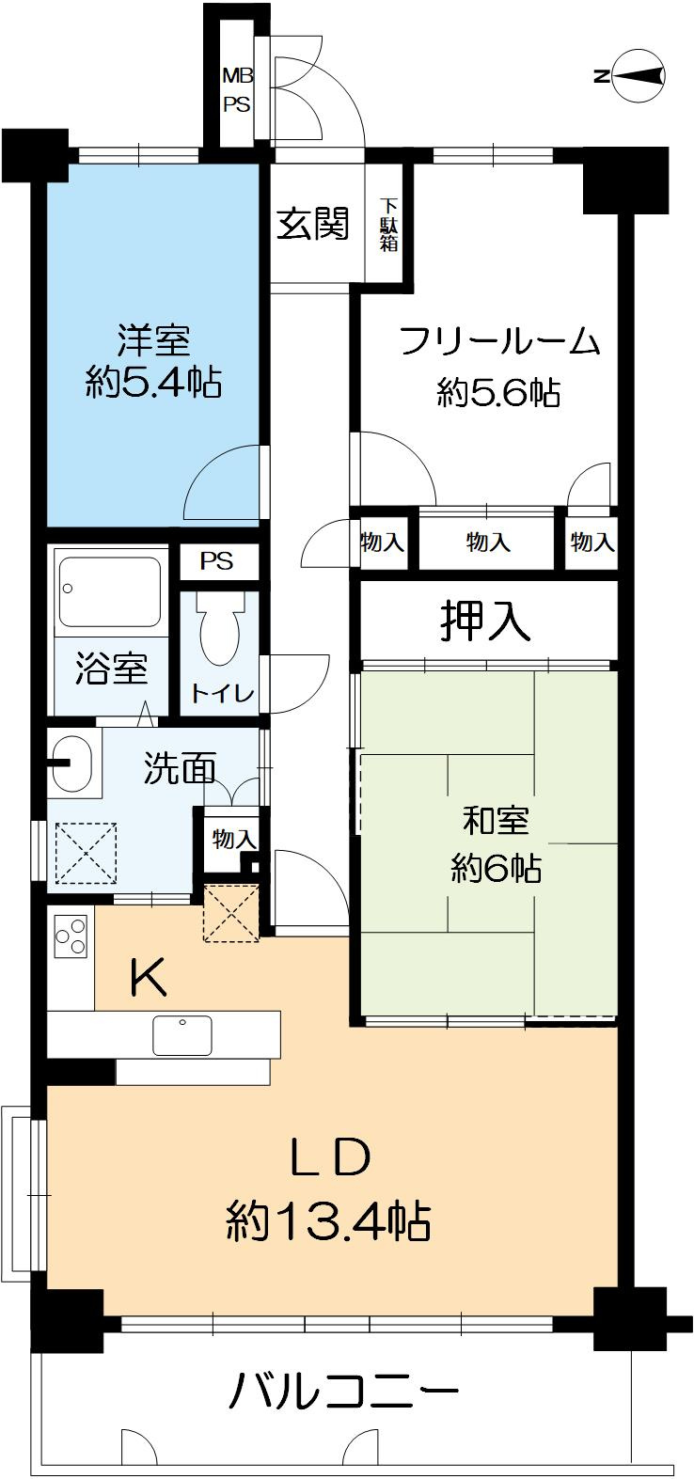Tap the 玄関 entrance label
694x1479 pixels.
313,224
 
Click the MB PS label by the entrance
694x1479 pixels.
235,90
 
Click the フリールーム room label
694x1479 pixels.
499,340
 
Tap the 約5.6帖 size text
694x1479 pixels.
498,392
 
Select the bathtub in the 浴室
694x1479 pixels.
110,591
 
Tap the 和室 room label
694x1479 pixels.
496,820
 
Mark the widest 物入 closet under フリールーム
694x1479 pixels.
487,543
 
